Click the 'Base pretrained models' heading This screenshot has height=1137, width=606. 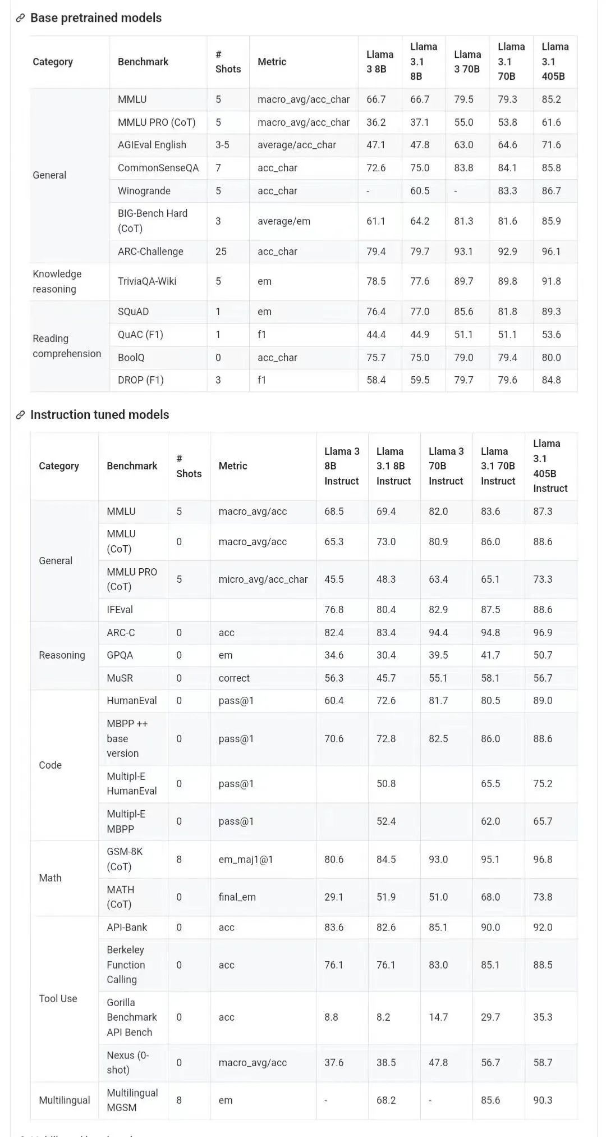tap(95, 18)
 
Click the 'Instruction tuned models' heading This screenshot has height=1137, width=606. tap(99, 414)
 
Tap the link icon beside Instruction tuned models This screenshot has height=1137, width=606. tap(20, 415)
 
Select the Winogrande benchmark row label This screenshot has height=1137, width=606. tap(144, 191)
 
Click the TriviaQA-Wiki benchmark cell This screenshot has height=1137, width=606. tap(147, 281)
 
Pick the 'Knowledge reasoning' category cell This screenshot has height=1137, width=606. tap(57, 281)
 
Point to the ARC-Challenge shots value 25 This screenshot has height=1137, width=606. tap(221, 252)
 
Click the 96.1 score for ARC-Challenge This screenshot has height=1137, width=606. tap(551, 252)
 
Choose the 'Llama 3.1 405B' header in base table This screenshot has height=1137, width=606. tap(555, 61)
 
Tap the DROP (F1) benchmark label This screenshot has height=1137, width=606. tap(140, 380)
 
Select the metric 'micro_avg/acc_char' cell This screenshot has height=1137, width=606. tap(263, 579)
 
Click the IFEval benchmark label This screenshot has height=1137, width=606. tap(120, 610)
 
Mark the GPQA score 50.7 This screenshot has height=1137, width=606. tap(543, 655)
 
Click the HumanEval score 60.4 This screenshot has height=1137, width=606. tap(334, 701)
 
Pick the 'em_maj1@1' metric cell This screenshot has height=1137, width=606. tap(246, 859)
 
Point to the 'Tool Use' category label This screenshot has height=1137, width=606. tap(58, 998)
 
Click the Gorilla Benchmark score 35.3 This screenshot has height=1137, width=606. tap(543, 1017)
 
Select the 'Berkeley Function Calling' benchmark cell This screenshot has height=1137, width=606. tap(126, 965)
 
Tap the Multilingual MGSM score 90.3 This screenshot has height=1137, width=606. tap(543, 1100)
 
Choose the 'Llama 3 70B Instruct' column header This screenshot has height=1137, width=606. tap(446, 466)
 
